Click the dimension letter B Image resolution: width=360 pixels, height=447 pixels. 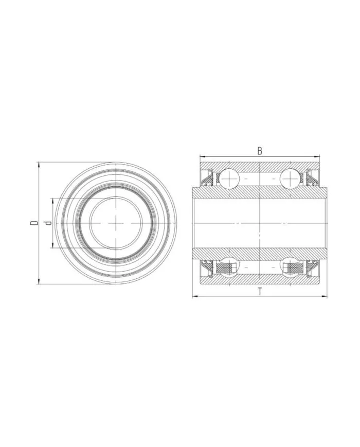coord(260,151)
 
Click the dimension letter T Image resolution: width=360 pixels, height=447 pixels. coord(260,292)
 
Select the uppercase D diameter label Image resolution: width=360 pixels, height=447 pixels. coord(33,223)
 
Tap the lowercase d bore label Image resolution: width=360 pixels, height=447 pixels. coord(48,223)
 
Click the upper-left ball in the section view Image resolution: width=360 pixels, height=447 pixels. coord(228,178)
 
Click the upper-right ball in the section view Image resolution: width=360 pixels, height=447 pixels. coord(290,178)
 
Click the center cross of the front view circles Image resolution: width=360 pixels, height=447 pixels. coord(117,222)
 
